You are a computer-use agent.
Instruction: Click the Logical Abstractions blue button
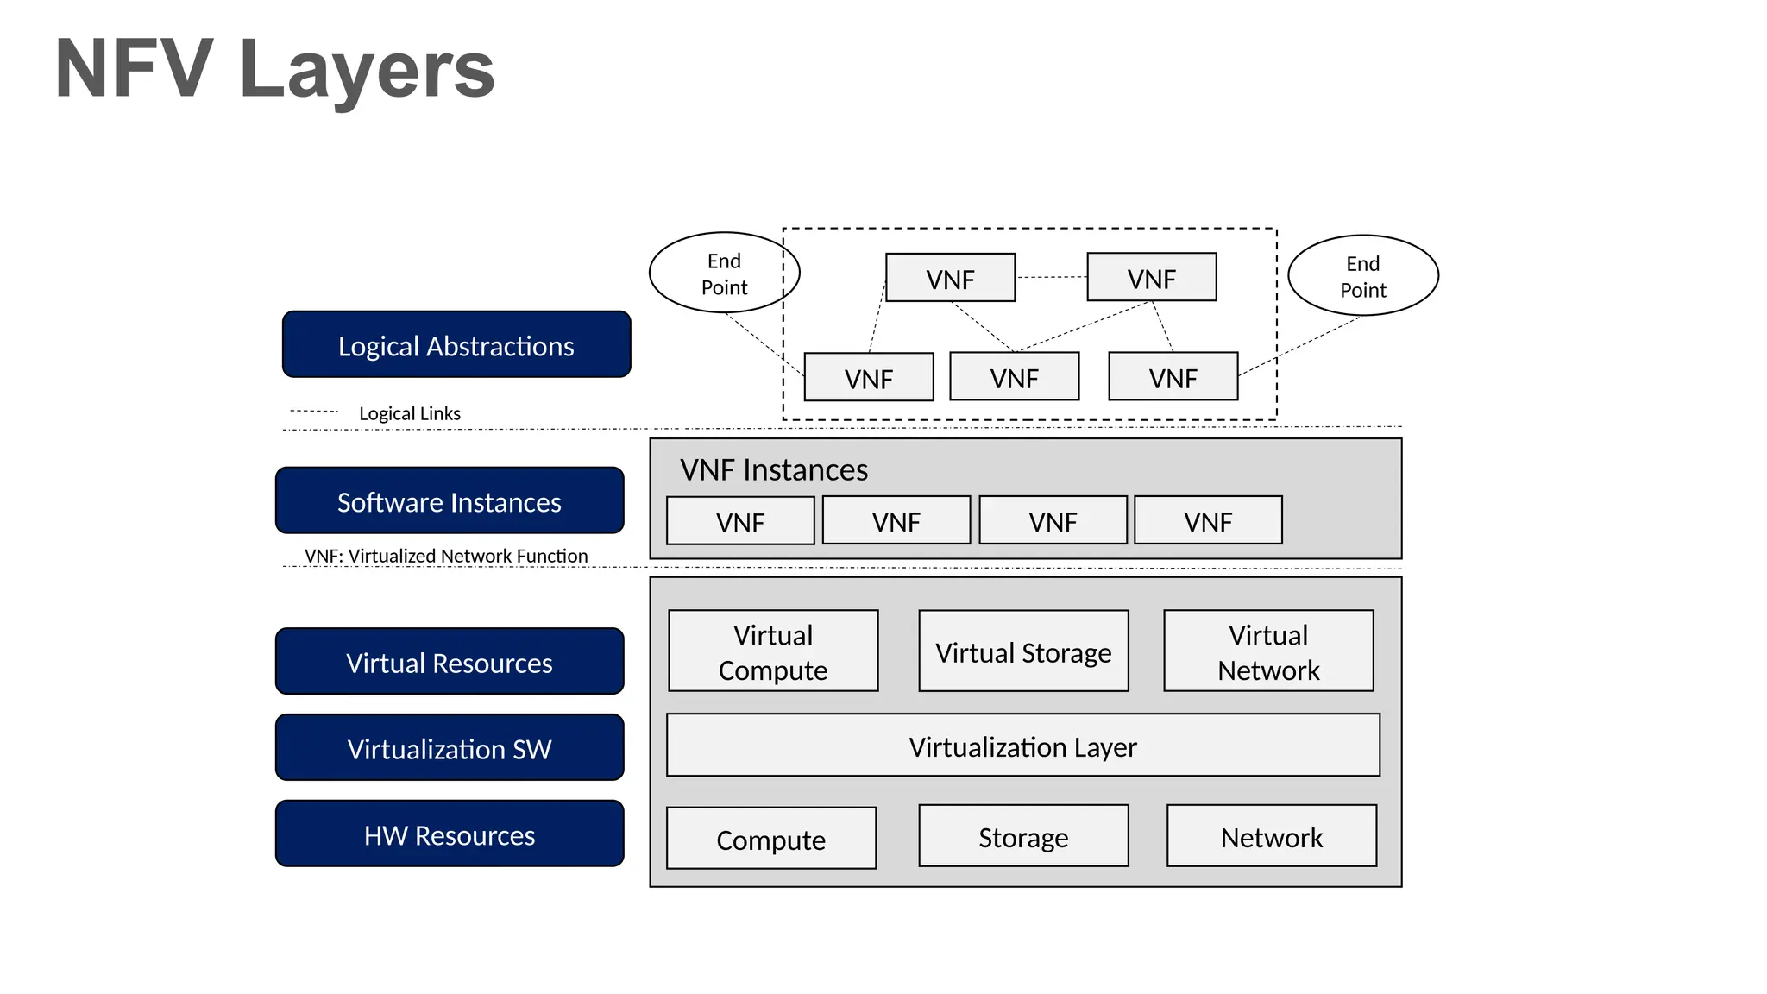(x=456, y=345)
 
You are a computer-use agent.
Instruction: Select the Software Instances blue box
(x=450, y=501)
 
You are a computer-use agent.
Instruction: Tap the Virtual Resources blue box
(x=450, y=662)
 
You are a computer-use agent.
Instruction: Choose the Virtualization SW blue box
(x=450, y=748)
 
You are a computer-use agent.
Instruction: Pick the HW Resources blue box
(x=450, y=834)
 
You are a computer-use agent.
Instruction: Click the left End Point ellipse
(x=724, y=274)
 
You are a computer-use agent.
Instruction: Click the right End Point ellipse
(x=1362, y=276)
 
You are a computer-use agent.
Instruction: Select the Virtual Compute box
(x=773, y=651)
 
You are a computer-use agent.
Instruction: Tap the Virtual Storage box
(x=1023, y=651)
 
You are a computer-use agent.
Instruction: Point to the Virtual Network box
(x=1268, y=651)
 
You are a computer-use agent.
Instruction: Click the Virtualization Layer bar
(x=1022, y=745)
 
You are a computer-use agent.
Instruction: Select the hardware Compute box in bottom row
(x=770, y=839)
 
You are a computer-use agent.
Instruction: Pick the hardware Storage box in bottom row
(x=1023, y=836)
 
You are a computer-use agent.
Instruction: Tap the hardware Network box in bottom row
(x=1271, y=836)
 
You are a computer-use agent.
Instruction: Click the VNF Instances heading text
(x=774, y=469)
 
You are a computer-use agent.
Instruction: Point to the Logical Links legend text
(x=409, y=413)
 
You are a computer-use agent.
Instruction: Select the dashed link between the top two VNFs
(x=1051, y=277)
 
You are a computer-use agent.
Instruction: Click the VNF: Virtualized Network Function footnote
(x=446, y=556)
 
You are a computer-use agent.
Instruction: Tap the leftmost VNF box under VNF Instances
(x=740, y=521)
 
